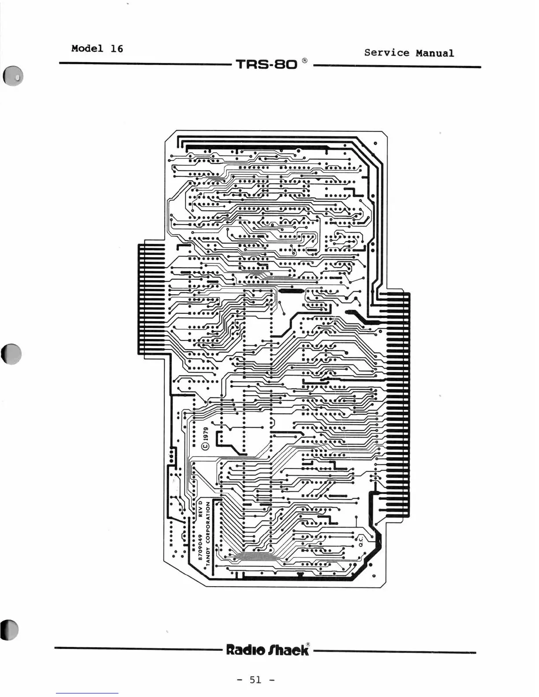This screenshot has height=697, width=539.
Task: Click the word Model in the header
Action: point(87,48)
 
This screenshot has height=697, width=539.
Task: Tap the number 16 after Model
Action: point(117,48)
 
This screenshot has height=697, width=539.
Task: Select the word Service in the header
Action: point(387,53)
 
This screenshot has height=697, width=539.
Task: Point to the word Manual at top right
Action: point(435,53)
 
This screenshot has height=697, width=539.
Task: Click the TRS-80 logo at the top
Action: point(267,65)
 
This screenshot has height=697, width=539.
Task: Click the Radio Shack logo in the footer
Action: point(267,649)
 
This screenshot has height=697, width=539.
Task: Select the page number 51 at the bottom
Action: point(255,679)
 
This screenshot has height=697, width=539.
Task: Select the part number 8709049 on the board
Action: point(200,548)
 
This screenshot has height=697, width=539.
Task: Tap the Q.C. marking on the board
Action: point(361,540)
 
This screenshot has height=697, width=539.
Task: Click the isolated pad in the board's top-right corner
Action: point(375,143)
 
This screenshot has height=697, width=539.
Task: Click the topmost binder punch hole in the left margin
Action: point(13,77)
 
